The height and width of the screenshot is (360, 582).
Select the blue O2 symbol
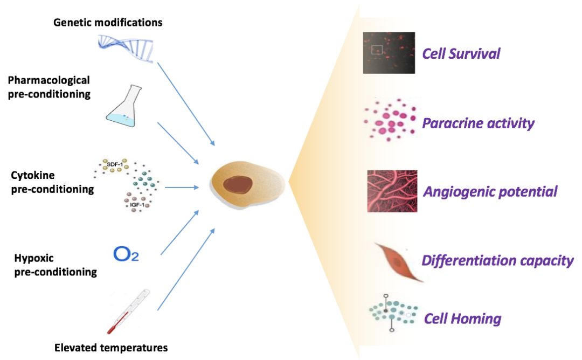pyautogui.click(x=126, y=254)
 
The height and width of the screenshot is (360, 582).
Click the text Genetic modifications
pyautogui.click(x=108, y=23)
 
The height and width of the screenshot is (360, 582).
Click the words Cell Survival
pyautogui.click(x=461, y=54)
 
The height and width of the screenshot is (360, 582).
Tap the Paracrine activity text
pyautogui.click(x=478, y=123)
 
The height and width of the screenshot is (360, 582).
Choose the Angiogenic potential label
pyautogui.click(x=490, y=191)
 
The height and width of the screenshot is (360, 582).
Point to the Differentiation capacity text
pyautogui.click(x=497, y=261)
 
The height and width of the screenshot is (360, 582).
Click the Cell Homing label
pyautogui.click(x=462, y=319)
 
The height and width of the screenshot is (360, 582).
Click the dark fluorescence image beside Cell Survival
pyautogui.click(x=388, y=53)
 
